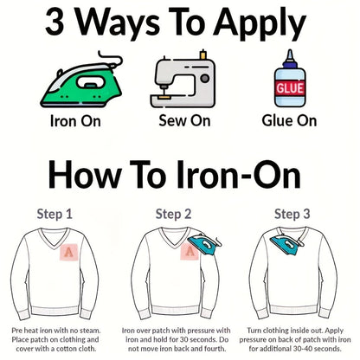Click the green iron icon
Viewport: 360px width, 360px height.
point(80,85)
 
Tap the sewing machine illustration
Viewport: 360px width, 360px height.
point(183,80)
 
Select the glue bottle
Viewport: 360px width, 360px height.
point(290,79)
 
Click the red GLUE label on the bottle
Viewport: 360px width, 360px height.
point(290,88)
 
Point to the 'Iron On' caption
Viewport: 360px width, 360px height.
point(75,121)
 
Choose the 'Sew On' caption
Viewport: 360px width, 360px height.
point(184,120)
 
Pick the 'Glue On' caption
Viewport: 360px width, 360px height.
point(289,120)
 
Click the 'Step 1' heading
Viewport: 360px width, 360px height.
point(55,215)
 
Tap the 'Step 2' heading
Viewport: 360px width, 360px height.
point(173,215)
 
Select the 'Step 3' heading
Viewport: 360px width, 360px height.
point(292,215)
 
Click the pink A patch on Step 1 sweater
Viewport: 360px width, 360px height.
point(69,253)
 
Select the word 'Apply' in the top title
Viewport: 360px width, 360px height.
point(260,24)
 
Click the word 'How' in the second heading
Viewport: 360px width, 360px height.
point(85,175)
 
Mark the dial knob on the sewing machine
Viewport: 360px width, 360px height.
point(205,78)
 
